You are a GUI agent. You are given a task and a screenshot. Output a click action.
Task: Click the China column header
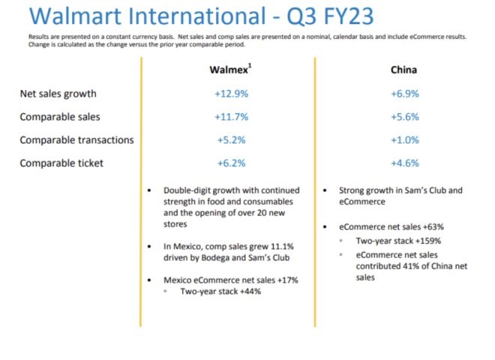pyautogui.click(x=403, y=70)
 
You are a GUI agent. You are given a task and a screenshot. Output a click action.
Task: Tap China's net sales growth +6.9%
pyautogui.click(x=404, y=94)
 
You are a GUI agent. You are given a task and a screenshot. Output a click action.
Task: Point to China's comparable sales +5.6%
pyautogui.click(x=404, y=117)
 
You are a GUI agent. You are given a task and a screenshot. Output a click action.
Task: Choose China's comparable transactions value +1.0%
pyautogui.click(x=404, y=140)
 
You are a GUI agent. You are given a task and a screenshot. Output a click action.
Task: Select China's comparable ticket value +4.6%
pyautogui.click(x=404, y=163)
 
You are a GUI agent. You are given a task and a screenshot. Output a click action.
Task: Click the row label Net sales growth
pyautogui.click(x=58, y=94)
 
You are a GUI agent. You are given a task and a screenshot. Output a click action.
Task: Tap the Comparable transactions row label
pyautogui.click(x=76, y=140)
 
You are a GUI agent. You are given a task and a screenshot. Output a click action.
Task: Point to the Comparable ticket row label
pyautogui.click(x=62, y=163)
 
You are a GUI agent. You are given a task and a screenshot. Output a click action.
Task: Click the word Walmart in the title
pyautogui.click(x=67, y=16)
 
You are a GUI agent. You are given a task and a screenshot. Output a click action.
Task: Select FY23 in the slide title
pyautogui.click(x=337, y=16)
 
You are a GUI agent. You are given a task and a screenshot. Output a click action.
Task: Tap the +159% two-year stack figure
pyautogui.click(x=424, y=241)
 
